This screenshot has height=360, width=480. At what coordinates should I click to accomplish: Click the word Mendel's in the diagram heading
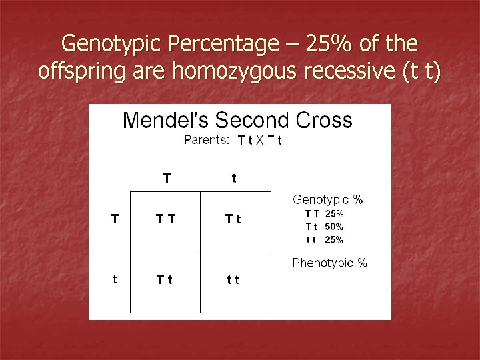(x=168, y=121)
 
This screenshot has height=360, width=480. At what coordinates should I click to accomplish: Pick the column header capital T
(x=167, y=178)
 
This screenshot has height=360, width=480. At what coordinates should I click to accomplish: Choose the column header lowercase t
(x=233, y=178)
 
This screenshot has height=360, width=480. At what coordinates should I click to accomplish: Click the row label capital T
(x=115, y=217)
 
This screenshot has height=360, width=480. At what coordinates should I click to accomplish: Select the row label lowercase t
(x=115, y=280)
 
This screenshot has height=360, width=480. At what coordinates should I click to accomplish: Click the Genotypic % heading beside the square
(x=327, y=199)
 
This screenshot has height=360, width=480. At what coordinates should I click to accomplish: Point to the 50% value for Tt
(x=334, y=227)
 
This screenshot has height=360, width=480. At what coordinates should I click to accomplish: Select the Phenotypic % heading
(x=329, y=263)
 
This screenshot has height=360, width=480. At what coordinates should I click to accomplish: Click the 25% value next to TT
(x=334, y=215)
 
